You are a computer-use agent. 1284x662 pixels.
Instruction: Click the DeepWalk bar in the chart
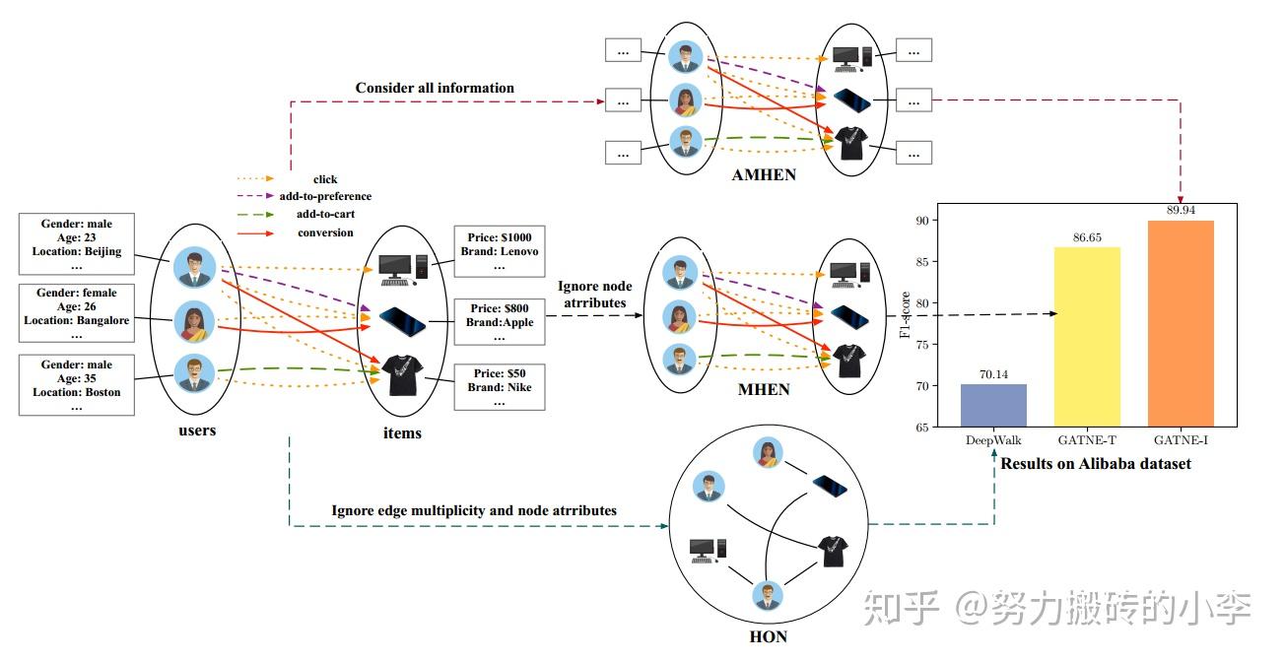[993, 405]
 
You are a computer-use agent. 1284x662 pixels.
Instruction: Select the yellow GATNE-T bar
[1087, 336]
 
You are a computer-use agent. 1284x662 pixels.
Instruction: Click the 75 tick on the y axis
[921, 345]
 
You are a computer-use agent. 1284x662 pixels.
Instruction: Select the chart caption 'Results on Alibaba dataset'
[1096, 463]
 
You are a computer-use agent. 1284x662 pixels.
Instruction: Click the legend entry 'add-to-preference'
[324, 196]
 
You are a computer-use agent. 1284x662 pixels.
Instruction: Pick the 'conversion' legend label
[325, 232]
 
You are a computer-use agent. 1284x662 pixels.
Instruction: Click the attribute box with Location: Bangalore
[76, 312]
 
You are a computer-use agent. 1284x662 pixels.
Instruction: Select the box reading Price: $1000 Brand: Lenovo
[499, 251]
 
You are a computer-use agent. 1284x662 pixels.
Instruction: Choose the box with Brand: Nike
[499, 387]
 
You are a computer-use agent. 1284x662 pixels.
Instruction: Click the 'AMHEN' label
[763, 173]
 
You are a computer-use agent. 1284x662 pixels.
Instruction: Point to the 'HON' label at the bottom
[768, 636]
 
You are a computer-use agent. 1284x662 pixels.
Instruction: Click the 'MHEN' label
[764, 389]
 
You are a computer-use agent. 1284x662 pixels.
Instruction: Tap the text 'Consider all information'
[435, 88]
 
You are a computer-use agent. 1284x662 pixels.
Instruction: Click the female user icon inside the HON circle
[767, 453]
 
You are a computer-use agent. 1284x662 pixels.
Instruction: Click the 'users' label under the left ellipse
[197, 430]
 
